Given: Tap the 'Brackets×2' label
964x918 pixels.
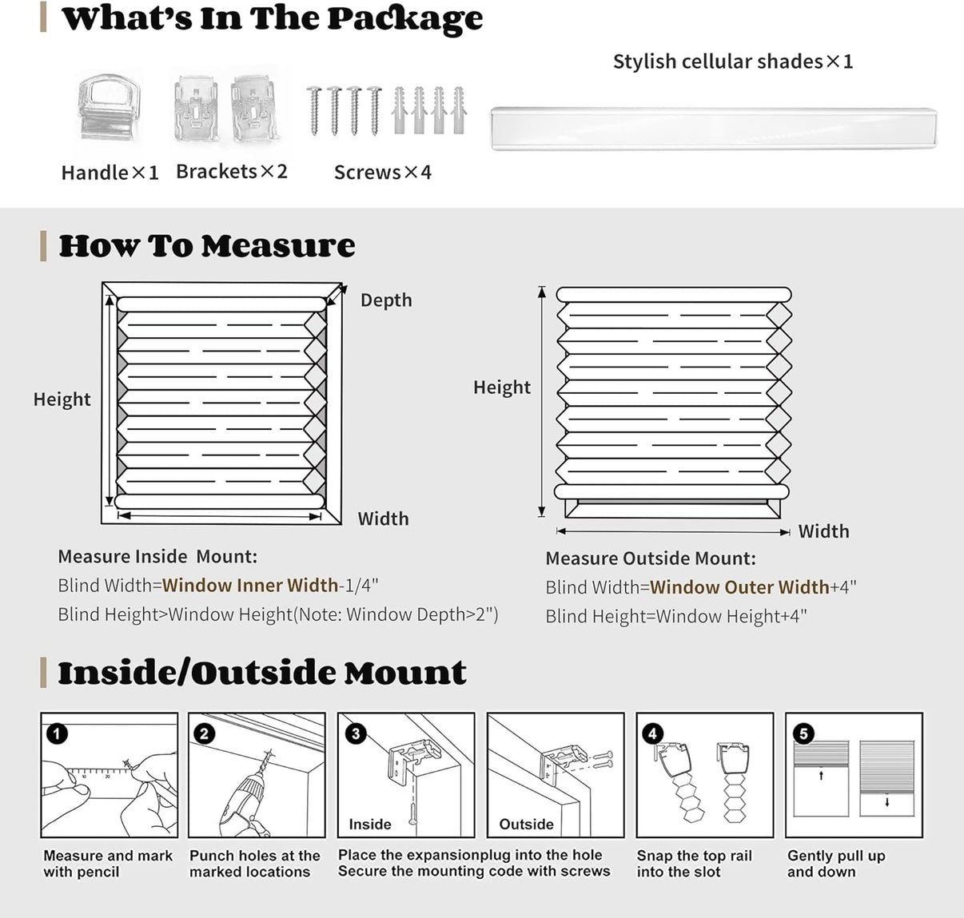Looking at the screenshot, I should coord(231,172).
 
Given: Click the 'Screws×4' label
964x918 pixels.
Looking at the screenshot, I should coord(382,173).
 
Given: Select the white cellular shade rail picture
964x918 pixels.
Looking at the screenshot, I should coord(713,128).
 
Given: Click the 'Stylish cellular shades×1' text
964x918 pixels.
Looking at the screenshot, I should coord(732,62).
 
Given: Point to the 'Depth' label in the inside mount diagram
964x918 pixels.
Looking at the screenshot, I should coord(386,300).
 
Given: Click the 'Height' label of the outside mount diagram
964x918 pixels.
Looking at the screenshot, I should coord(501,387).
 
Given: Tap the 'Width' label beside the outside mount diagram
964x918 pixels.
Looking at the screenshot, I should coord(823,532).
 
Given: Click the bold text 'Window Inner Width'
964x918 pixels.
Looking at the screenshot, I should coord(250,586).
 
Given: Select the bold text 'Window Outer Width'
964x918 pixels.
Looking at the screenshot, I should coord(739,588).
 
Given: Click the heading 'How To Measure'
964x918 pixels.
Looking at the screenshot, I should coord(207,246).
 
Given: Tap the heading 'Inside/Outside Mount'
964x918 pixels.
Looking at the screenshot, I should coord(262,673).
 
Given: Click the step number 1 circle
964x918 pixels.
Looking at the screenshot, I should coord(58,733).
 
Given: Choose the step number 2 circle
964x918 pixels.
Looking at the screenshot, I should coord(205,733).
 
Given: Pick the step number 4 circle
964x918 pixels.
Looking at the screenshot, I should coord(653,733).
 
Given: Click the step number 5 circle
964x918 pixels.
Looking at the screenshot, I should coord(803,733).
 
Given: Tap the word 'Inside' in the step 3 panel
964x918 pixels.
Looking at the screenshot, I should coord(370,825).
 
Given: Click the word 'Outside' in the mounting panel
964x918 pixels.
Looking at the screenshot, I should coord(526,825).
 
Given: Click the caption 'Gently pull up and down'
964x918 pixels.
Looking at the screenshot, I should coord(835,864).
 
